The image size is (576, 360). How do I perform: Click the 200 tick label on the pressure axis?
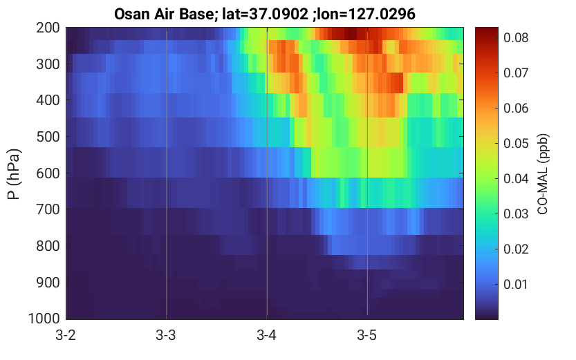(x=48, y=28)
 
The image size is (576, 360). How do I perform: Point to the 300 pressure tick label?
(x=48, y=64)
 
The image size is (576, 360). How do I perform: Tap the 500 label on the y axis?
(x=48, y=137)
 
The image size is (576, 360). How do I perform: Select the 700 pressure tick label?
(x=48, y=209)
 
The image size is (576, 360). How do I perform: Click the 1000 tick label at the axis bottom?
(x=44, y=319)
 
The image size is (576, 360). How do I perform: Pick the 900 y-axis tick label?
(x=48, y=283)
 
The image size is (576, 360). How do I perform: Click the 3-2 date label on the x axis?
(x=66, y=335)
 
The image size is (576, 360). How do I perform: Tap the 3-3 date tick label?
(x=166, y=335)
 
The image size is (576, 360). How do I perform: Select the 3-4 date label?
(x=266, y=335)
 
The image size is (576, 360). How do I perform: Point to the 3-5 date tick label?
(x=366, y=335)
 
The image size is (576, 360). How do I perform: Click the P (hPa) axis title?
(x=14, y=174)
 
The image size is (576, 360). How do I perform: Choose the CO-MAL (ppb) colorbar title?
(x=543, y=174)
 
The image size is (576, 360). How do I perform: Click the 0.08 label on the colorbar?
(x=516, y=37)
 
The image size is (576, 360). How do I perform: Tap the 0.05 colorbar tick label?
(x=516, y=143)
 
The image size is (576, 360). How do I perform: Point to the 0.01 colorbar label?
(x=516, y=284)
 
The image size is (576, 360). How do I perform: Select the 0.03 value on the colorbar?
(x=516, y=214)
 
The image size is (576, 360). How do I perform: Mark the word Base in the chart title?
(x=197, y=15)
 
